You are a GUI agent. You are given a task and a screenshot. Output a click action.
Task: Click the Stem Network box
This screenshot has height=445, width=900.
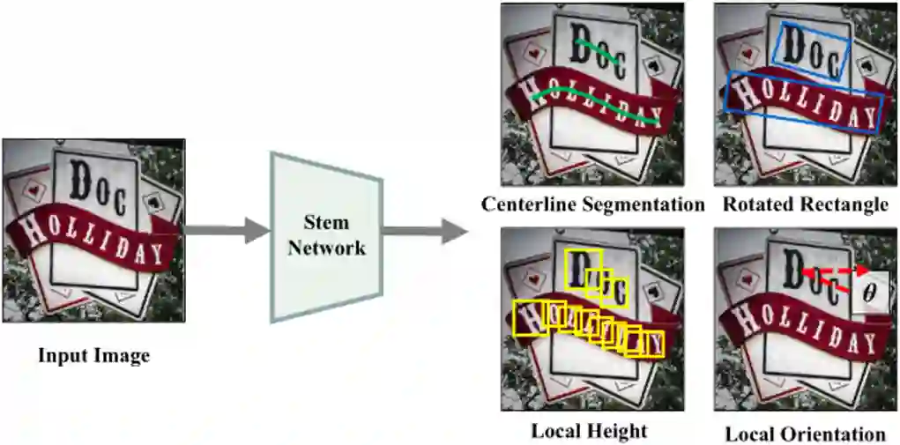click(x=326, y=234)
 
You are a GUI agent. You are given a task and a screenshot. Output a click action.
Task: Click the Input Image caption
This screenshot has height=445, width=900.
click(x=93, y=356)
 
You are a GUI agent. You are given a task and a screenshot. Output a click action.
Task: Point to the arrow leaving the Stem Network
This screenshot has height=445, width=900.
click(x=424, y=232)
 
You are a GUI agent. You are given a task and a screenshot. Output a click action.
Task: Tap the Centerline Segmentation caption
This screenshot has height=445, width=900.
click(x=592, y=204)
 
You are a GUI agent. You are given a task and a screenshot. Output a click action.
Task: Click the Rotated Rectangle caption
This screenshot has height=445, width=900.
click(x=805, y=204)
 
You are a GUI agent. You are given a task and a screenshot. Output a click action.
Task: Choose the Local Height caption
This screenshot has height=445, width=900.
click(x=589, y=431)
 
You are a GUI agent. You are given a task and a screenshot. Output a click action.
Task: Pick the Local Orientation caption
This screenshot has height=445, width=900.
click(x=805, y=434)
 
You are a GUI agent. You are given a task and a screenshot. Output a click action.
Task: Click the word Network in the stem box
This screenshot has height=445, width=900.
click(x=326, y=248)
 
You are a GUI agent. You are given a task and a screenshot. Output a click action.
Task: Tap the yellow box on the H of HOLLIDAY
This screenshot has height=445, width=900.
click(x=529, y=317)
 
